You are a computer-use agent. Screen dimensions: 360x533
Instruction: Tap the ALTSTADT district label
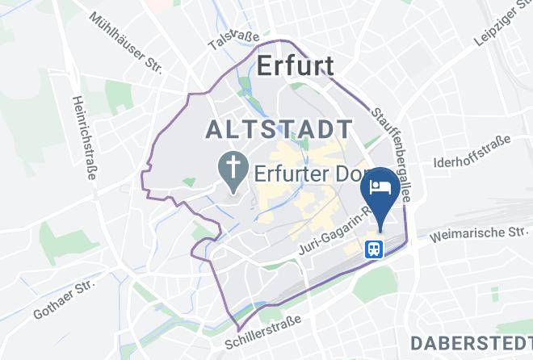tap(279, 129)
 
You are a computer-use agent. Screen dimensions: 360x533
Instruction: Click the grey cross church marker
tap(233, 172)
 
